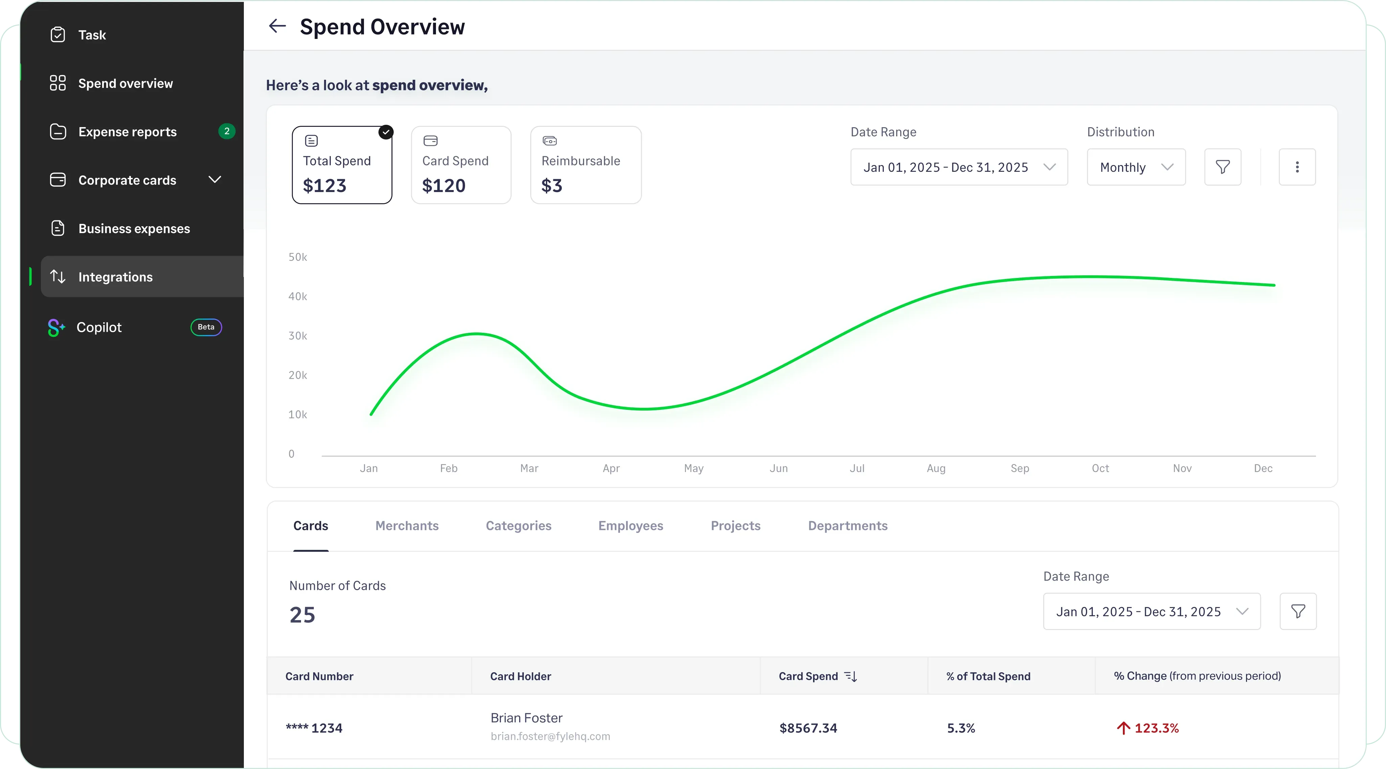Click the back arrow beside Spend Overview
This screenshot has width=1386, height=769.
click(x=277, y=26)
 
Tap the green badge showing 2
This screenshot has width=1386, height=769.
click(x=227, y=131)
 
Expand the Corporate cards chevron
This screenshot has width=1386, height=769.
click(x=215, y=180)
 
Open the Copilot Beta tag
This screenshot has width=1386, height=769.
click(x=206, y=327)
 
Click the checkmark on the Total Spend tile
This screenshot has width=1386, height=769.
click(x=386, y=132)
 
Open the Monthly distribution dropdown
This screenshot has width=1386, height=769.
click(x=1136, y=167)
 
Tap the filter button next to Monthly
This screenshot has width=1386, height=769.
click(x=1222, y=167)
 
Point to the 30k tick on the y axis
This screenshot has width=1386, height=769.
click(x=298, y=336)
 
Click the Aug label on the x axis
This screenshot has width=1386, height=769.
click(x=935, y=468)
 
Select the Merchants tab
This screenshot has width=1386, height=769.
click(x=407, y=526)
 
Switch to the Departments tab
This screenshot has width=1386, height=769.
click(x=848, y=526)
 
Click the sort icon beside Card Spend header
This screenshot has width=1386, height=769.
click(x=851, y=676)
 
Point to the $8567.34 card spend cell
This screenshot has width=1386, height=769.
click(x=808, y=728)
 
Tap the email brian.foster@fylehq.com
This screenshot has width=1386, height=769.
click(x=550, y=736)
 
